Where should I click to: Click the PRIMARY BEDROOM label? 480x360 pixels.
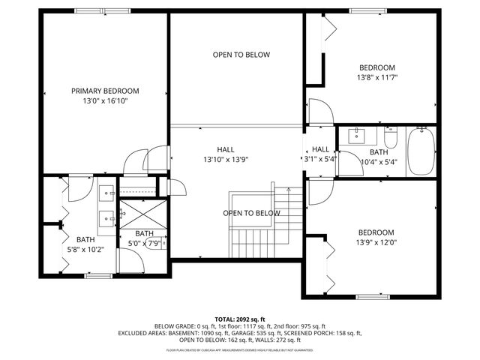click(105, 91)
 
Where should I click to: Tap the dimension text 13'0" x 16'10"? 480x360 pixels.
click(105, 100)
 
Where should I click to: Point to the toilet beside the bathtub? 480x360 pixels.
click(390, 139)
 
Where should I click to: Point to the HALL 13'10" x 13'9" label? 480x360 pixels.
click(225, 154)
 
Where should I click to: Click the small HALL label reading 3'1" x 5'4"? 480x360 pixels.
click(320, 154)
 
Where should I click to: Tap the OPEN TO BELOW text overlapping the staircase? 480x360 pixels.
click(251, 213)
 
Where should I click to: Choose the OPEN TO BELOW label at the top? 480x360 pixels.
click(241, 55)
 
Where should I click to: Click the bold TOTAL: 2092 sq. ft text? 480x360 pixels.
click(240, 319)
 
